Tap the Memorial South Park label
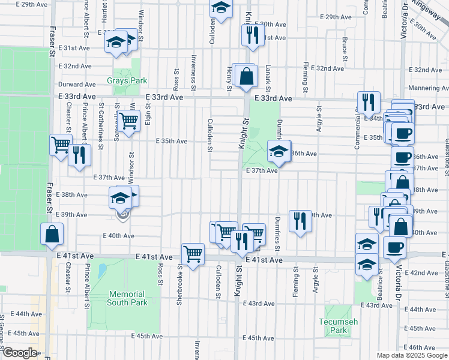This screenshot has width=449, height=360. click(x=127, y=298)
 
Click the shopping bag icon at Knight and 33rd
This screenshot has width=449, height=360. click(x=246, y=76)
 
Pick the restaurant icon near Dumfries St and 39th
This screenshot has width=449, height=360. click(x=299, y=221)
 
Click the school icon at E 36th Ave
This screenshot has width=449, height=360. click(x=279, y=152)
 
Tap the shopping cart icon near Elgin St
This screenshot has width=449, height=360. click(x=128, y=120)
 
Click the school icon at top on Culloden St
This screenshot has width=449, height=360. click(x=221, y=8)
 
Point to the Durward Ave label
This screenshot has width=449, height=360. click(x=77, y=85)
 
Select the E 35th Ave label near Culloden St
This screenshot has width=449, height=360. click(x=172, y=142)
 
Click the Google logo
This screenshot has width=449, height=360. click(x=20, y=353)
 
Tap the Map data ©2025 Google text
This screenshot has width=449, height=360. click(x=412, y=355)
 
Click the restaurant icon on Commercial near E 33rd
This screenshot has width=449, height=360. click(x=367, y=102)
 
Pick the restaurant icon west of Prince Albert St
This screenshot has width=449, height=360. click(x=79, y=155)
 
